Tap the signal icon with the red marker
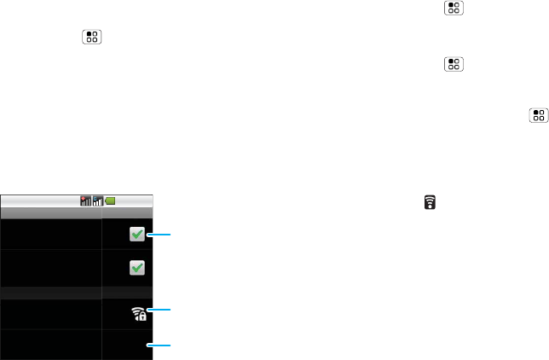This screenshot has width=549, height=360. point(85,201)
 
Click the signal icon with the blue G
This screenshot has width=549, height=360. point(97,201)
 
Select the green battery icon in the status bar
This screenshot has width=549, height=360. point(110,201)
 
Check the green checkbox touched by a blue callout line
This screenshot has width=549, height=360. point(136,235)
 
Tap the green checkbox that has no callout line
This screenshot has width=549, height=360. point(136,268)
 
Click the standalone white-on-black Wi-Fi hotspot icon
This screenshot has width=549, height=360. point(430,203)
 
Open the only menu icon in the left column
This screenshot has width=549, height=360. point(91,38)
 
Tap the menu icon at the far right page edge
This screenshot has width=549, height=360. point(539,115)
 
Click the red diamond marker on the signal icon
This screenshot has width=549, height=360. point(83,199)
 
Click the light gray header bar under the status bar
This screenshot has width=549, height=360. point(77,212)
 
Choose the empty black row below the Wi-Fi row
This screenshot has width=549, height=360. point(51,345)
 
